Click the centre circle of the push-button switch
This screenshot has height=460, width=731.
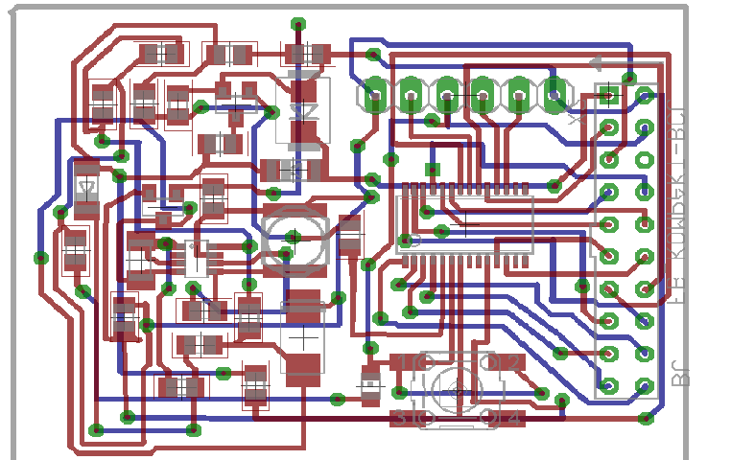point(456,391)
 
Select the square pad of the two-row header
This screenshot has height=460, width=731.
point(608,95)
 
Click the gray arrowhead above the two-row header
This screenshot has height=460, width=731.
point(597,64)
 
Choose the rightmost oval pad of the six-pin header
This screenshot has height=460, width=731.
point(554,94)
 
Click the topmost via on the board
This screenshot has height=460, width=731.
point(298,24)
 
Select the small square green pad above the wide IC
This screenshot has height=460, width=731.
point(433,170)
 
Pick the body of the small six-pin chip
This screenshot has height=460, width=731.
point(196,259)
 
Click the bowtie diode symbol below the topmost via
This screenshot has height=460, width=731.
point(305,113)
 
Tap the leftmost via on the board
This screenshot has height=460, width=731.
point(41,257)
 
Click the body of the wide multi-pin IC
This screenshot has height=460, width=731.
point(464,225)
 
